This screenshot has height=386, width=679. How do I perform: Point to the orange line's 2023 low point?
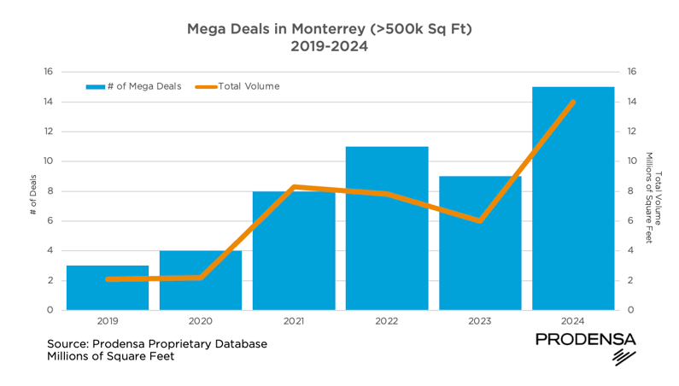[480, 221]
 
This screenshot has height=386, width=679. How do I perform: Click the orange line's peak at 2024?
[573, 102]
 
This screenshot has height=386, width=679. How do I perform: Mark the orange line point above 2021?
[294, 186]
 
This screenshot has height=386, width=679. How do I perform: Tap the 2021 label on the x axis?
[294, 322]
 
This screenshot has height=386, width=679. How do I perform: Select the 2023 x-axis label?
[480, 322]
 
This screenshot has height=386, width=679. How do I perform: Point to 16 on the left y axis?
[48, 72]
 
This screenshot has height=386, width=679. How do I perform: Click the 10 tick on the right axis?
[632, 161]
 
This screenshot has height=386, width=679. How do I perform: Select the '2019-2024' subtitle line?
[329, 47]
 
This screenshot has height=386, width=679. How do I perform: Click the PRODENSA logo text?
[585, 340]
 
